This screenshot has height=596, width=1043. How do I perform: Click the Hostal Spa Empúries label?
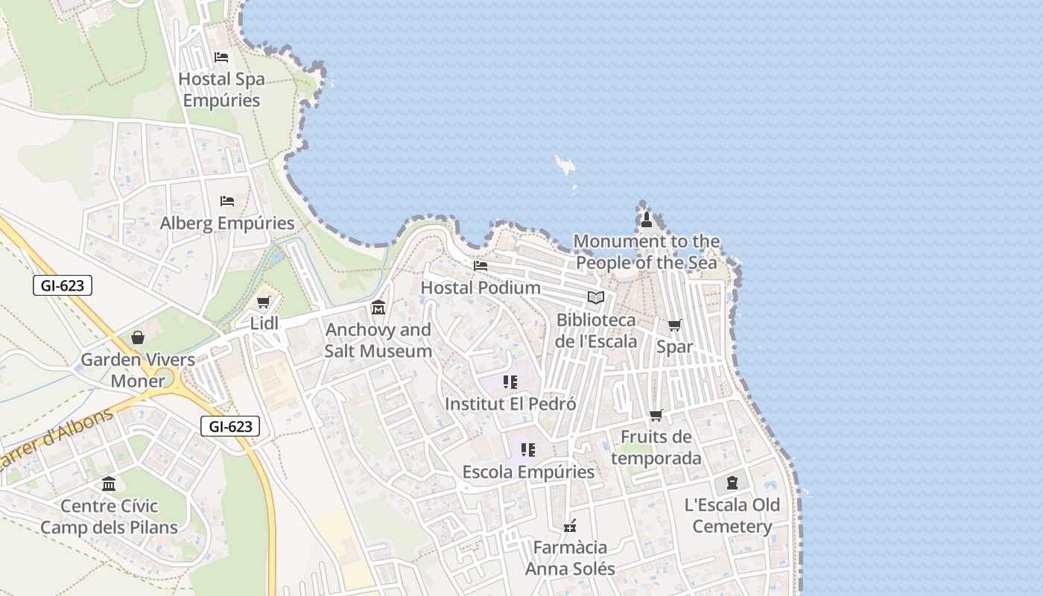pyautogui.click(x=221, y=89)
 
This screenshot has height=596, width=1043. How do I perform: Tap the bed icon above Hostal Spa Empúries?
pyautogui.click(x=221, y=57)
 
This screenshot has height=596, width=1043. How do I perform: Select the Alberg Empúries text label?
pyautogui.click(x=227, y=223)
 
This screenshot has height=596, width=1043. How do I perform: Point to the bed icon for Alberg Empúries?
pyautogui.click(x=227, y=201)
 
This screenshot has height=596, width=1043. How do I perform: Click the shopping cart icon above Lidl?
pyautogui.click(x=263, y=302)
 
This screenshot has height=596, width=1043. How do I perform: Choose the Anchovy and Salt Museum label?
pyautogui.click(x=378, y=340)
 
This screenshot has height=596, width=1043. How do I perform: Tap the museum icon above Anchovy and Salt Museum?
pyautogui.click(x=378, y=307)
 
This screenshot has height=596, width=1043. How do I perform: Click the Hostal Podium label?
pyautogui.click(x=481, y=287)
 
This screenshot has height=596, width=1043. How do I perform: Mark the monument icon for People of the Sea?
pyautogui.click(x=647, y=220)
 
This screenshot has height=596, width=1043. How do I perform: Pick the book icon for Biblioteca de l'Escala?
pyautogui.click(x=596, y=298)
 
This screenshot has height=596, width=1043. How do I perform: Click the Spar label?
pyautogui.click(x=674, y=346)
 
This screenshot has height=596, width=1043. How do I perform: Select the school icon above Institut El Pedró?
pyautogui.click(x=510, y=382)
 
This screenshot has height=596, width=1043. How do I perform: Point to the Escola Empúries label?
pyautogui.click(x=528, y=472)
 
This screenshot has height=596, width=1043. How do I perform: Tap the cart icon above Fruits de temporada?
pyautogui.click(x=656, y=415)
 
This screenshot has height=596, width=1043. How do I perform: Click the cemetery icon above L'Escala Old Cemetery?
pyautogui.click(x=732, y=483)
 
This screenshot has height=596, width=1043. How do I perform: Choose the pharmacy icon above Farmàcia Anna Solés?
pyautogui.click(x=570, y=526)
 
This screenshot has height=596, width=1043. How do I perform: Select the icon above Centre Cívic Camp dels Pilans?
pyautogui.click(x=109, y=484)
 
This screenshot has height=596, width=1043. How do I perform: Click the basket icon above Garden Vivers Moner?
pyautogui.click(x=138, y=337)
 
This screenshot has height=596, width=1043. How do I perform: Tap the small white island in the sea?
pyautogui.click(x=565, y=165)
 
